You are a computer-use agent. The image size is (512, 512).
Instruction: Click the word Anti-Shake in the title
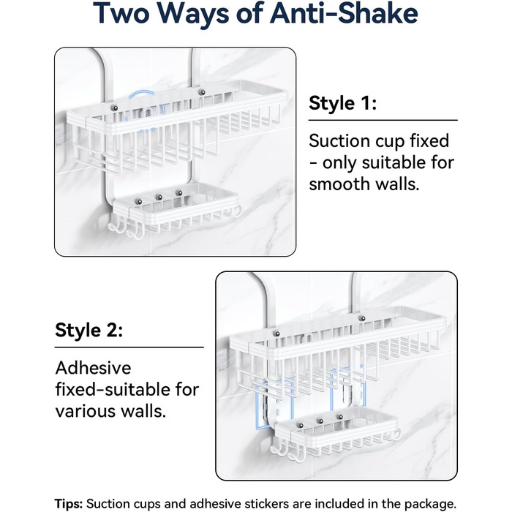344,13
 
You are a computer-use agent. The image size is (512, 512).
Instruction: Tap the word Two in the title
121,13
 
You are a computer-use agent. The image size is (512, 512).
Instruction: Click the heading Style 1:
342,103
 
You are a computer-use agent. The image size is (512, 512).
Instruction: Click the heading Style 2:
89,330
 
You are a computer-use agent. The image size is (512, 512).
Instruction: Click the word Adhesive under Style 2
93,368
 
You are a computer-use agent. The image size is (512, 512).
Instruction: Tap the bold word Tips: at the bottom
69,504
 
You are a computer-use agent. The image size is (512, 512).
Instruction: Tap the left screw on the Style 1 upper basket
114,108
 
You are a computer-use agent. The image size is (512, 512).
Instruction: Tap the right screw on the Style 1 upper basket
202,92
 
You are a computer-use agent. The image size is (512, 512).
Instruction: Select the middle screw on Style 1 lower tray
159,197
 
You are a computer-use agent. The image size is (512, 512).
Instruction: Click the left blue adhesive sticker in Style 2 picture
274,404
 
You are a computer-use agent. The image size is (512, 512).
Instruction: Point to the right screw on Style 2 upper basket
362,318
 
